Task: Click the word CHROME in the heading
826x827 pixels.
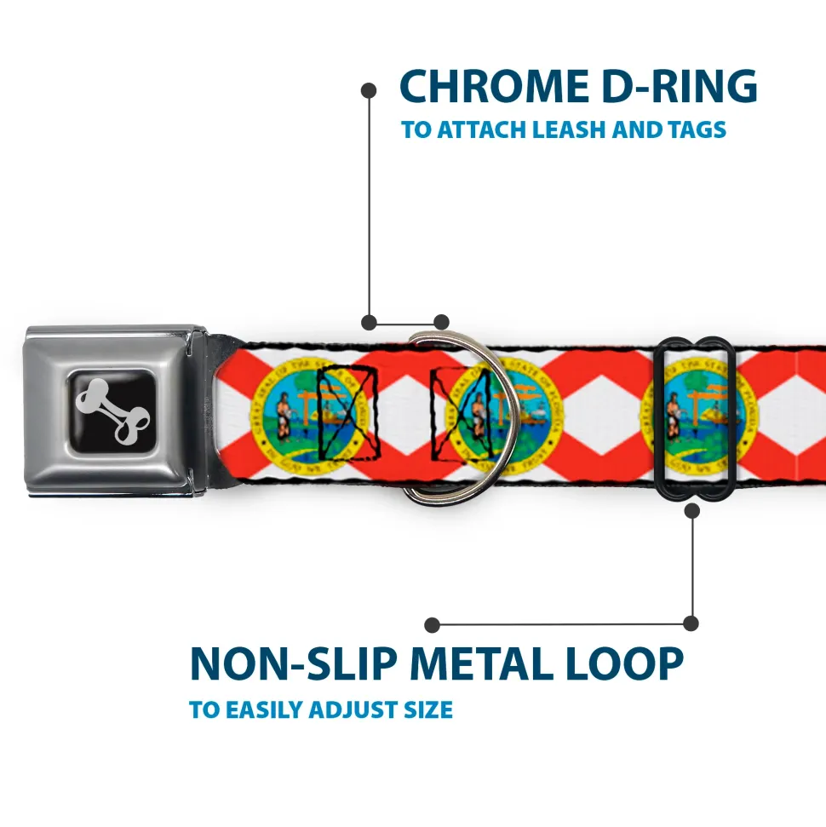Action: click(489, 87)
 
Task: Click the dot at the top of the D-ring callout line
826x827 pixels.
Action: click(369, 89)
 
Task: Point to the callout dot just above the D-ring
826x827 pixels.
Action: click(441, 322)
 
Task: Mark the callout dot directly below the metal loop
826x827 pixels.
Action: click(691, 511)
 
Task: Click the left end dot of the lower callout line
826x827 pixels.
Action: click(433, 625)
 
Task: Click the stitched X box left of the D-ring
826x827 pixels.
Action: click(347, 413)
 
